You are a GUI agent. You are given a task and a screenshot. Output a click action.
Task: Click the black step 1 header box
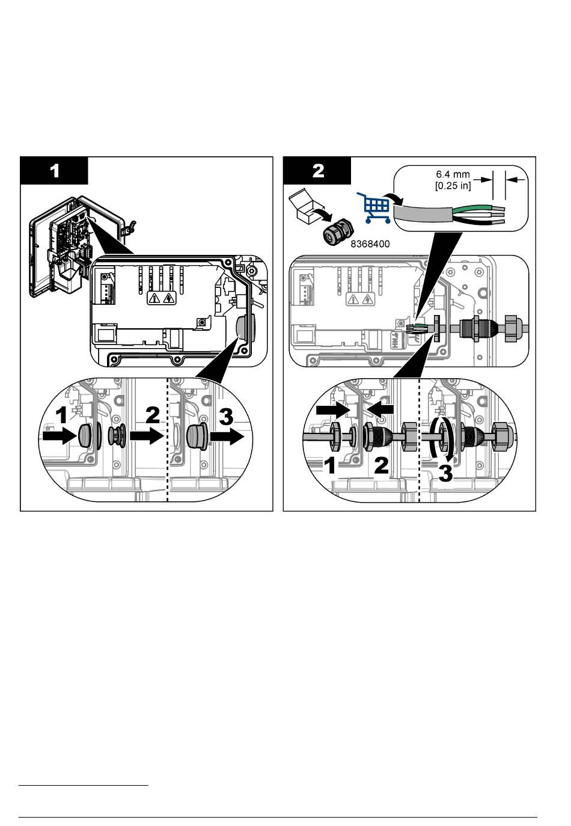coord(54,170)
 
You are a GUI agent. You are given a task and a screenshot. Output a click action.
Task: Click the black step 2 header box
coord(317,170)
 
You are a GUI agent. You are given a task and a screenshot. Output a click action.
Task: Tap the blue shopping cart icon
coord(373,207)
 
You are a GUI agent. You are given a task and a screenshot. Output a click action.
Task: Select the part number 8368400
coord(370,243)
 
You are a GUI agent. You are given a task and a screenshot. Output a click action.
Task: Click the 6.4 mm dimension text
coord(453,174)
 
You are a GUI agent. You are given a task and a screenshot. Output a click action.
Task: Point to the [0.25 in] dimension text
coord(453,185)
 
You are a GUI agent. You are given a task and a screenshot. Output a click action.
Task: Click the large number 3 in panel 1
coord(226,417)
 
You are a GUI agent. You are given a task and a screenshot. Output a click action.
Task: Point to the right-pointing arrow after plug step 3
coord(227,436)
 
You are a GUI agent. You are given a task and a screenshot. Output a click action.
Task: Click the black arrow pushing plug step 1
coord(59,436)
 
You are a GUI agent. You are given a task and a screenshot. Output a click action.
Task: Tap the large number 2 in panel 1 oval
coord(153,415)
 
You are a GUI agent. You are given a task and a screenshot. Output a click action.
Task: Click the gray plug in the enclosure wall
coord(242,326)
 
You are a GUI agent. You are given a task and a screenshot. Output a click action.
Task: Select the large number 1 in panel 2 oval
coord(330,466)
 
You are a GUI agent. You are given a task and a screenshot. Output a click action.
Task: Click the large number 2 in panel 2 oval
coord(381,465)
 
